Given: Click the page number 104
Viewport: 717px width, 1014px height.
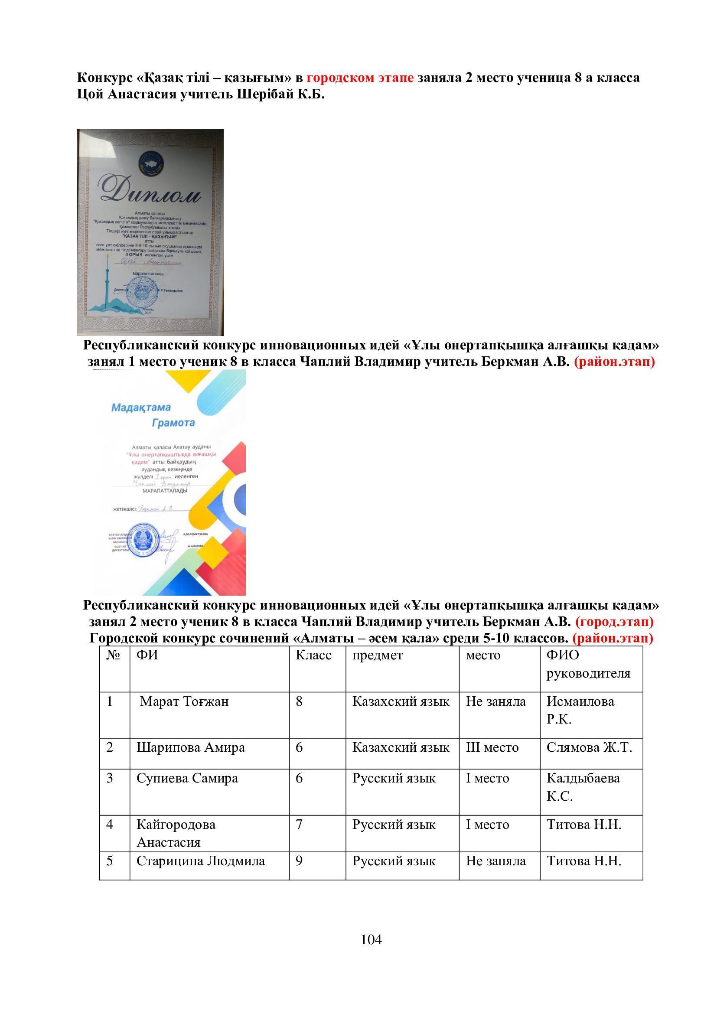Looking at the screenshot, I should pos(371,939).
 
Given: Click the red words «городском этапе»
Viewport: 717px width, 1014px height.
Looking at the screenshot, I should pos(360,78).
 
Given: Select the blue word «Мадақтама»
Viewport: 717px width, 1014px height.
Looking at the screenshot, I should pos(141,407).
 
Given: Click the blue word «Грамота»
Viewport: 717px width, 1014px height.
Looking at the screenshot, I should pos(173,423).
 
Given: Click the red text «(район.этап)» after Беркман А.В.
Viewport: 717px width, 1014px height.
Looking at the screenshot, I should pos(614,362).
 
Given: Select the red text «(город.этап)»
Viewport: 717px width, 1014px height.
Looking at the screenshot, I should pos(614,621).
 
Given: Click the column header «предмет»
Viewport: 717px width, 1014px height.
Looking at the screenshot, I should pos(378,655).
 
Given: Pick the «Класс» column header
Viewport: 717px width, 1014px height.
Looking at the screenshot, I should pos(313,655).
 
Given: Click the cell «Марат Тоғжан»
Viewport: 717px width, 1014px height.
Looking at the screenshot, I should pos(184,701).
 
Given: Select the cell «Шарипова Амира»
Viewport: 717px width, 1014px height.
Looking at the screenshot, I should pos(191,747).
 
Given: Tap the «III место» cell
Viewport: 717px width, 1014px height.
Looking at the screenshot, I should pos(492,747).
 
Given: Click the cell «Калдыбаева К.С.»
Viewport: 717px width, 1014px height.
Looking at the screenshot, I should pos(583,786).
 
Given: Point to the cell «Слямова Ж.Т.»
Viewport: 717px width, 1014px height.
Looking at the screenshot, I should pos(590,747).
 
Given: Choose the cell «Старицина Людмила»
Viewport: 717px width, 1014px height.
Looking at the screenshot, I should pos(201,861).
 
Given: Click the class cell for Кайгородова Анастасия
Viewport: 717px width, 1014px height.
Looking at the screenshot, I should pos(300,824).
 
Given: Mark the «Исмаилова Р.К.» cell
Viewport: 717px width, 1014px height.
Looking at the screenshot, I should pos(580,710).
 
